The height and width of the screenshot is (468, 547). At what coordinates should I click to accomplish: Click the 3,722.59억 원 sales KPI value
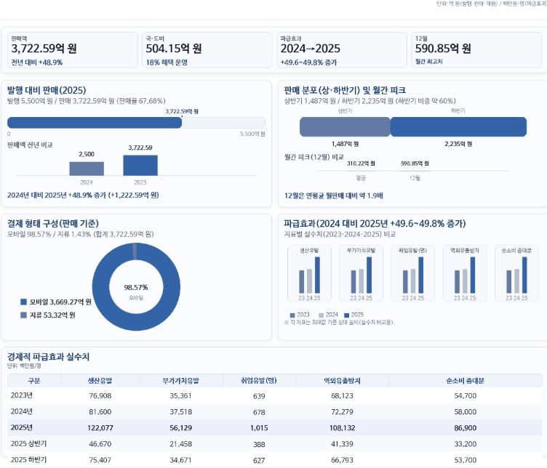[44, 49]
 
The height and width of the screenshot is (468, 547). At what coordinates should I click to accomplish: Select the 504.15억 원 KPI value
[174, 49]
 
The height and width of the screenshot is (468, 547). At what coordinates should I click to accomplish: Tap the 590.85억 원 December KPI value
[443, 49]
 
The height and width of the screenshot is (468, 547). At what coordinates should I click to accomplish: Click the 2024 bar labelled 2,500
[87, 168]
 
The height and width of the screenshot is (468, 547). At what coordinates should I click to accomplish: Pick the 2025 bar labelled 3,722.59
[140, 165]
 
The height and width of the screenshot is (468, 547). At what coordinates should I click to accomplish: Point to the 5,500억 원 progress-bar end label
[252, 134]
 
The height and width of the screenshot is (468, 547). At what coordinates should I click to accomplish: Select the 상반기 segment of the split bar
[345, 126]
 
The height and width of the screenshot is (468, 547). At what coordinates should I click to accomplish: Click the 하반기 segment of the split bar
[458, 126]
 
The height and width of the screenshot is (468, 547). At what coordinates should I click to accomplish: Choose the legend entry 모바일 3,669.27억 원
[56, 302]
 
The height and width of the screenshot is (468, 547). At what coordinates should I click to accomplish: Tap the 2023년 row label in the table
[22, 395]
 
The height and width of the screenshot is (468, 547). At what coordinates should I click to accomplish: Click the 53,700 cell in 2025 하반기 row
[465, 459]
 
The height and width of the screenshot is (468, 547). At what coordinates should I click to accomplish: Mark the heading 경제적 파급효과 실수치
[48, 357]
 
